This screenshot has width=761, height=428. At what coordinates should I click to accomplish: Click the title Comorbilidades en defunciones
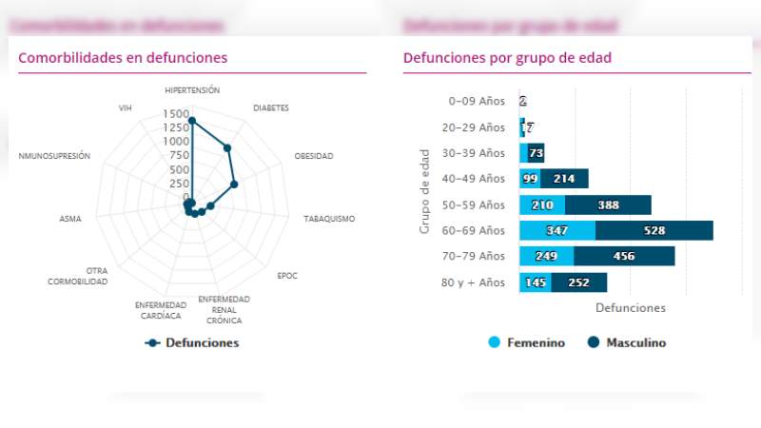pyautogui.click(x=123, y=58)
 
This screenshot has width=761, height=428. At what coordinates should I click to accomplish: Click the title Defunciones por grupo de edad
pyautogui.click(x=507, y=58)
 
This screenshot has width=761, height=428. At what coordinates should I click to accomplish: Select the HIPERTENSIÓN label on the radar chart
pyautogui.click(x=192, y=90)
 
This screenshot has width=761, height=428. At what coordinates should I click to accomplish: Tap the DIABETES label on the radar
pyautogui.click(x=271, y=108)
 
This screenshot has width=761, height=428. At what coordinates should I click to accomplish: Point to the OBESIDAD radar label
pyautogui.click(x=314, y=156)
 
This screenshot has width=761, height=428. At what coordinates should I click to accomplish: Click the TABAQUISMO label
pyautogui.click(x=329, y=219)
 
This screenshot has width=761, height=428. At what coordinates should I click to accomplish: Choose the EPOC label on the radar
pyautogui.click(x=287, y=276)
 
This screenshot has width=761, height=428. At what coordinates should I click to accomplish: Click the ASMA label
pyautogui.click(x=70, y=219)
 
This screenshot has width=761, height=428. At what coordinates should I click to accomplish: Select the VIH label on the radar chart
pyautogui.click(x=125, y=108)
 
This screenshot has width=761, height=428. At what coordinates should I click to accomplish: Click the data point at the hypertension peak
pyautogui.click(x=192, y=121)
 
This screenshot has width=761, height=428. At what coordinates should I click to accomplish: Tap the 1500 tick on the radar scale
pyautogui.click(x=176, y=114)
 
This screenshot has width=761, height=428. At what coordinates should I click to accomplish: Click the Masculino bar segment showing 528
pyautogui.click(x=654, y=230)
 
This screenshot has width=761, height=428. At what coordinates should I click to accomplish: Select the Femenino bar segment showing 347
pyautogui.click(x=557, y=230)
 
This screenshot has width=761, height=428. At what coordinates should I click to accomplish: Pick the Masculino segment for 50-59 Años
pyautogui.click(x=608, y=204)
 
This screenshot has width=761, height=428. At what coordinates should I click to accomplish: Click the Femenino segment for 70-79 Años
pyautogui.click(x=546, y=256)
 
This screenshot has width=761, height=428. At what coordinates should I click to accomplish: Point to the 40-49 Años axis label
pyautogui.click(x=477, y=179)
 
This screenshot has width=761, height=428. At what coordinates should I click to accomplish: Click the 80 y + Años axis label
pyautogui.click(x=474, y=282)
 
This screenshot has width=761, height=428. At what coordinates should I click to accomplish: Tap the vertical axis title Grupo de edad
pyautogui.click(x=425, y=191)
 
